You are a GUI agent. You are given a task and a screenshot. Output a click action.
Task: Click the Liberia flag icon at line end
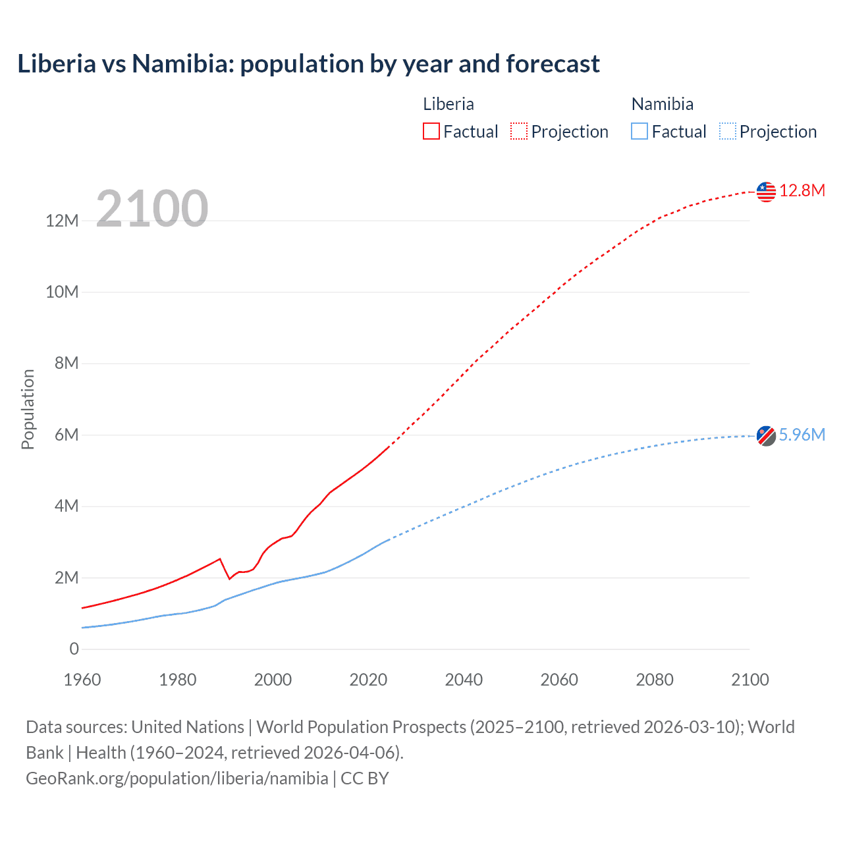pyautogui.click(x=766, y=192)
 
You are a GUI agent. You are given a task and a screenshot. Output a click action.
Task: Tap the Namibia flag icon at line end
pyautogui.click(x=766, y=436)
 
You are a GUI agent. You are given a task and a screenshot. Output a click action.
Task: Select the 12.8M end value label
pyautogui.click(x=802, y=191)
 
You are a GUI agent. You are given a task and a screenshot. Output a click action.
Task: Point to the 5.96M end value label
pyautogui.click(x=802, y=435)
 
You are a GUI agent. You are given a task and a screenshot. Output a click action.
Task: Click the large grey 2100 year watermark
pyautogui.click(x=152, y=209)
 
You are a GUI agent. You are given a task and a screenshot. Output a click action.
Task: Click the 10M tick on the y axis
pyautogui.click(x=62, y=292)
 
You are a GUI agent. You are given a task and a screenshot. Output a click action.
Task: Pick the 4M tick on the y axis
pyautogui.click(x=67, y=506)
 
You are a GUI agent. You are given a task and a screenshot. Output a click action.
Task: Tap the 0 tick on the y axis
pyautogui.click(x=74, y=649)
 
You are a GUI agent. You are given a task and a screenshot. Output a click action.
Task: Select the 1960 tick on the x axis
pyautogui.click(x=82, y=680)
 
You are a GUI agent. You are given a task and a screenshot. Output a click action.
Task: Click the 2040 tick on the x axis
pyautogui.click(x=464, y=680)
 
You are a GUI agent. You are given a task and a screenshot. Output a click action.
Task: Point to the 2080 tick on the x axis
pyautogui.click(x=655, y=680)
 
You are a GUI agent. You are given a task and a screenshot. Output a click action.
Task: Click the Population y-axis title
pyautogui.click(x=28, y=409)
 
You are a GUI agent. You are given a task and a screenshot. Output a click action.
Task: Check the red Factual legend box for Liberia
pyautogui.click(x=431, y=131)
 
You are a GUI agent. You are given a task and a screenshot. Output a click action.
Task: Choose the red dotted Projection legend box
pyautogui.click(x=519, y=131)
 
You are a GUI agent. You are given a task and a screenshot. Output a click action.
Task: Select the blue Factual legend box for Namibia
pyautogui.click(x=639, y=131)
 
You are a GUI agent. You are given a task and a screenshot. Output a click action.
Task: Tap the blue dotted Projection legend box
pyautogui.click(x=727, y=131)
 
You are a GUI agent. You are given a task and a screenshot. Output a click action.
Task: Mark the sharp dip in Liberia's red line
pyautogui.click(x=229, y=578)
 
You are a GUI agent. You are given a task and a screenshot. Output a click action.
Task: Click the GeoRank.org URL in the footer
pyautogui.click(x=177, y=778)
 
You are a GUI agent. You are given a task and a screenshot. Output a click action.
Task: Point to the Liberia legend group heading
pyautogui.click(x=448, y=104)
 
